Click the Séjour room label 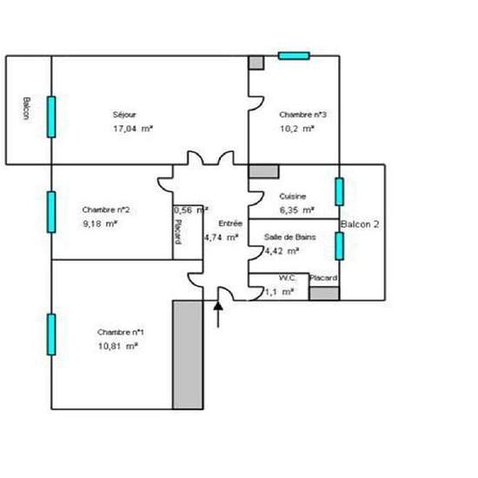pyautogui.click(x=124, y=115)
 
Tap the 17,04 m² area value pyautogui.click(x=133, y=128)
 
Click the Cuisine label pyautogui.click(x=292, y=196)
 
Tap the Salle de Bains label pyautogui.click(x=289, y=237)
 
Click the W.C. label pyautogui.click(x=288, y=278)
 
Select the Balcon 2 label pyautogui.click(x=360, y=224)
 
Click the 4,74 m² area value pyautogui.click(x=221, y=236)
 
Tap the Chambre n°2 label pyautogui.click(x=106, y=209)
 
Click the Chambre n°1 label pyautogui.click(x=121, y=333)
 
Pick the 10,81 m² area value pyautogui.click(x=119, y=346)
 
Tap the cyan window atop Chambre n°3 pyautogui.click(x=294, y=56)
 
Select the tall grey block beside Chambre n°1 pyautogui.click(x=186, y=355)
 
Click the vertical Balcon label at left pyautogui.click(x=27, y=110)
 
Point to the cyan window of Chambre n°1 pyautogui.click(x=51, y=335)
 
